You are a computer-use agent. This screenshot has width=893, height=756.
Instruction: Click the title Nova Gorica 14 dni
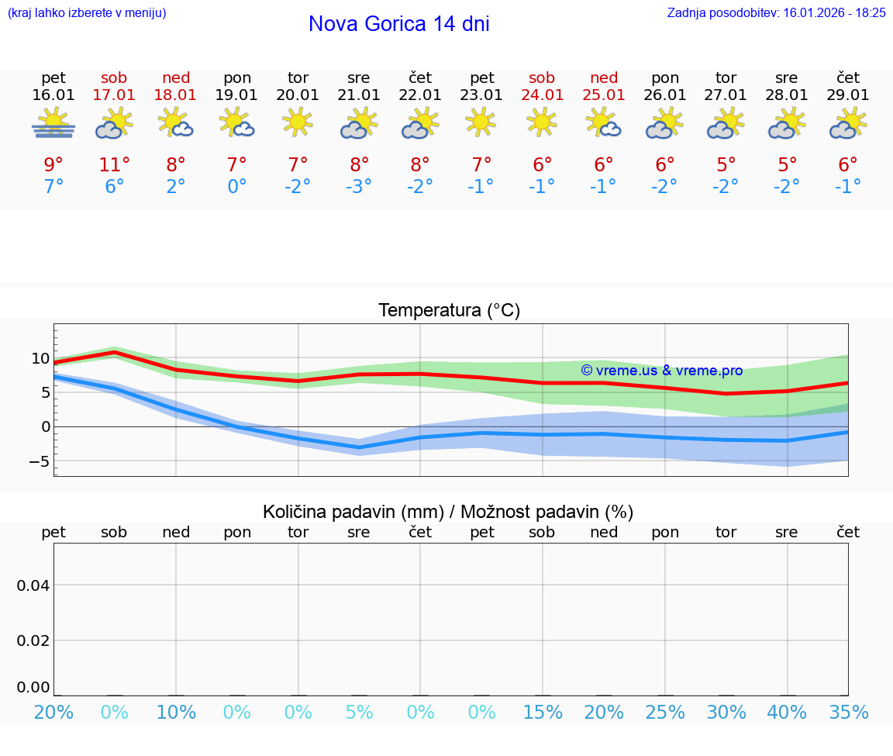(398, 24)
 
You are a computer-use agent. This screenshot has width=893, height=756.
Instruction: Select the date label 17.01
(114, 95)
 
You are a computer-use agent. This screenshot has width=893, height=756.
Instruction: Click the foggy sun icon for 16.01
(53, 123)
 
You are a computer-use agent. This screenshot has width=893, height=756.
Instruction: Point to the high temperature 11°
(114, 164)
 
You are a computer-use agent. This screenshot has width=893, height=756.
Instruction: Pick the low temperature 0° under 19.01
(236, 187)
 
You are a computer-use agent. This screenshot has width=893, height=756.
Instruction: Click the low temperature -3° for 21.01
(359, 187)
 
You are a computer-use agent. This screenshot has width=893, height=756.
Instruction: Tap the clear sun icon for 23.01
(481, 122)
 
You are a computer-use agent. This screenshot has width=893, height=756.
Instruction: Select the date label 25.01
(604, 95)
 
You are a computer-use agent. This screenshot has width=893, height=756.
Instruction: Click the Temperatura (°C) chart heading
(449, 311)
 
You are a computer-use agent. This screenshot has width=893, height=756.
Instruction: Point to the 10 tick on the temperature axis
(40, 358)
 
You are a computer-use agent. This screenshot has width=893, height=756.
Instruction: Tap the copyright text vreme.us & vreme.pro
(662, 371)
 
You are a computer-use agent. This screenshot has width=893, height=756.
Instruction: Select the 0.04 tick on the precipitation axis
(33, 585)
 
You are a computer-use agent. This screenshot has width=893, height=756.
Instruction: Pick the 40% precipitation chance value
(787, 713)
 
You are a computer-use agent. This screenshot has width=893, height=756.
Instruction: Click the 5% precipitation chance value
(359, 713)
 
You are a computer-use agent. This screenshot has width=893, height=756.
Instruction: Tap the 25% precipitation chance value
(665, 713)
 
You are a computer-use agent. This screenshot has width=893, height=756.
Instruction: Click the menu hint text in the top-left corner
(87, 12)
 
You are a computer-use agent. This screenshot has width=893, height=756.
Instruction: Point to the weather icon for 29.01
(848, 123)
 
